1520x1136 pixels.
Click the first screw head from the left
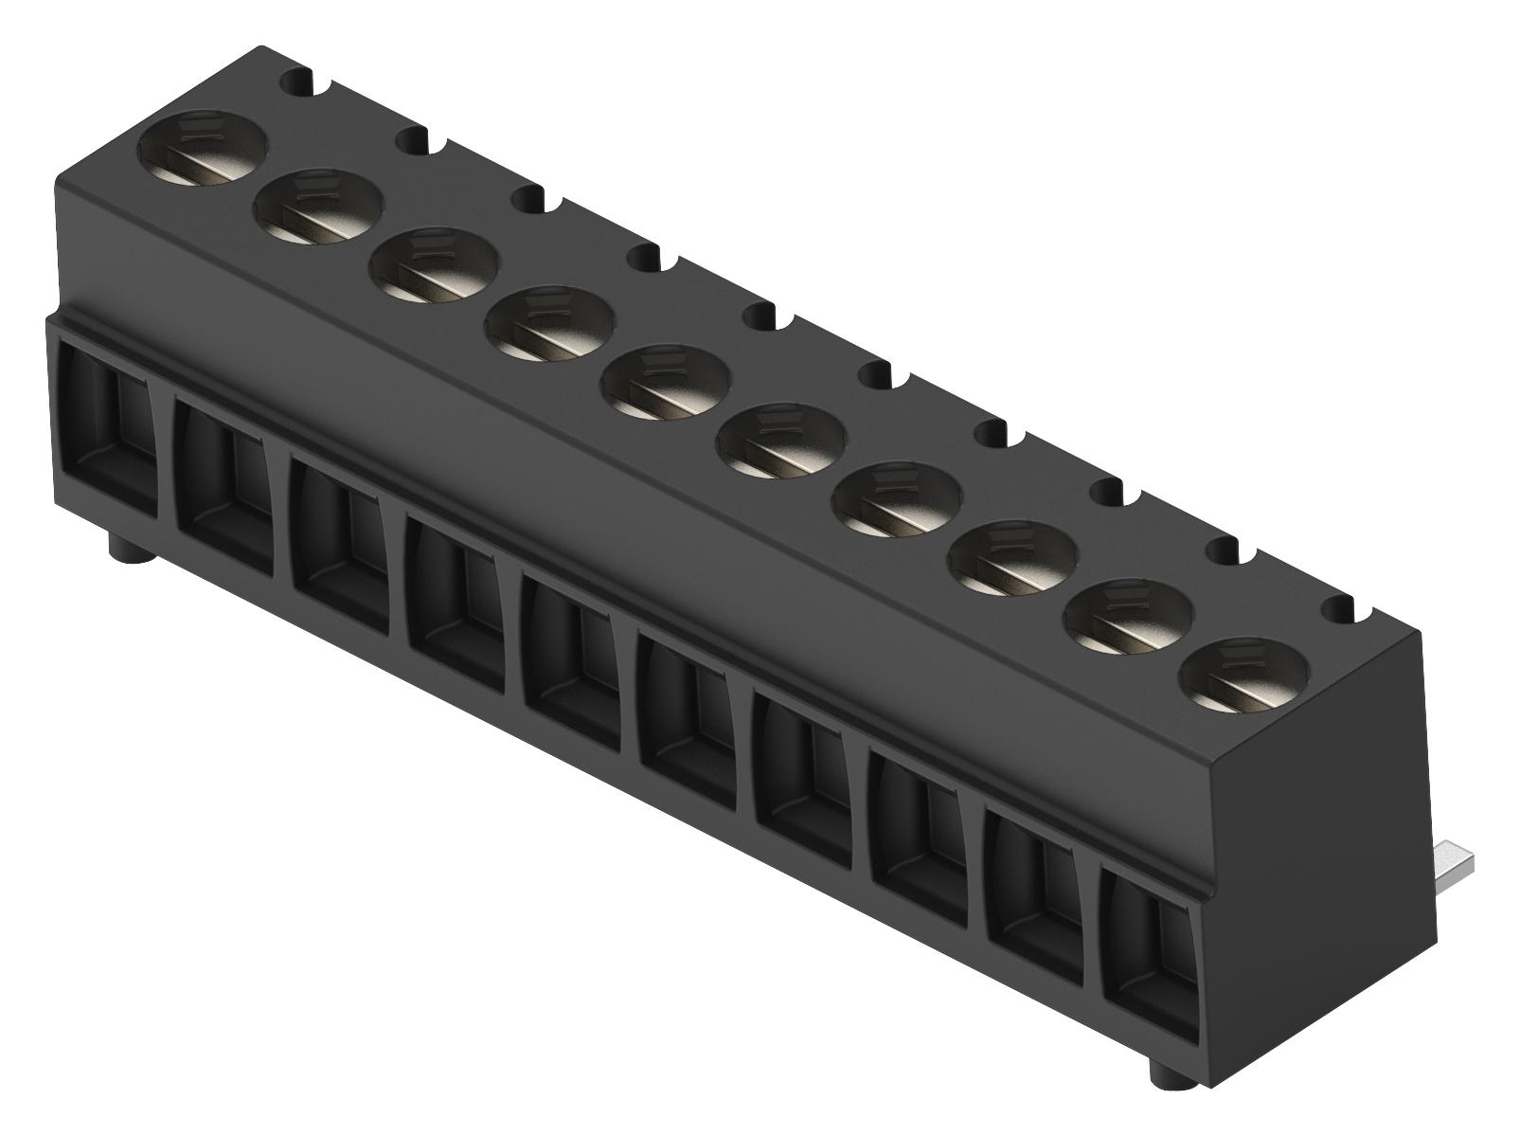coord(203,148)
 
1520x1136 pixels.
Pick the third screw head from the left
coord(434,265)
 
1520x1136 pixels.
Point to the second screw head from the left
coord(318,207)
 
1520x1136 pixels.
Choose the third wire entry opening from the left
coord(337,548)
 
